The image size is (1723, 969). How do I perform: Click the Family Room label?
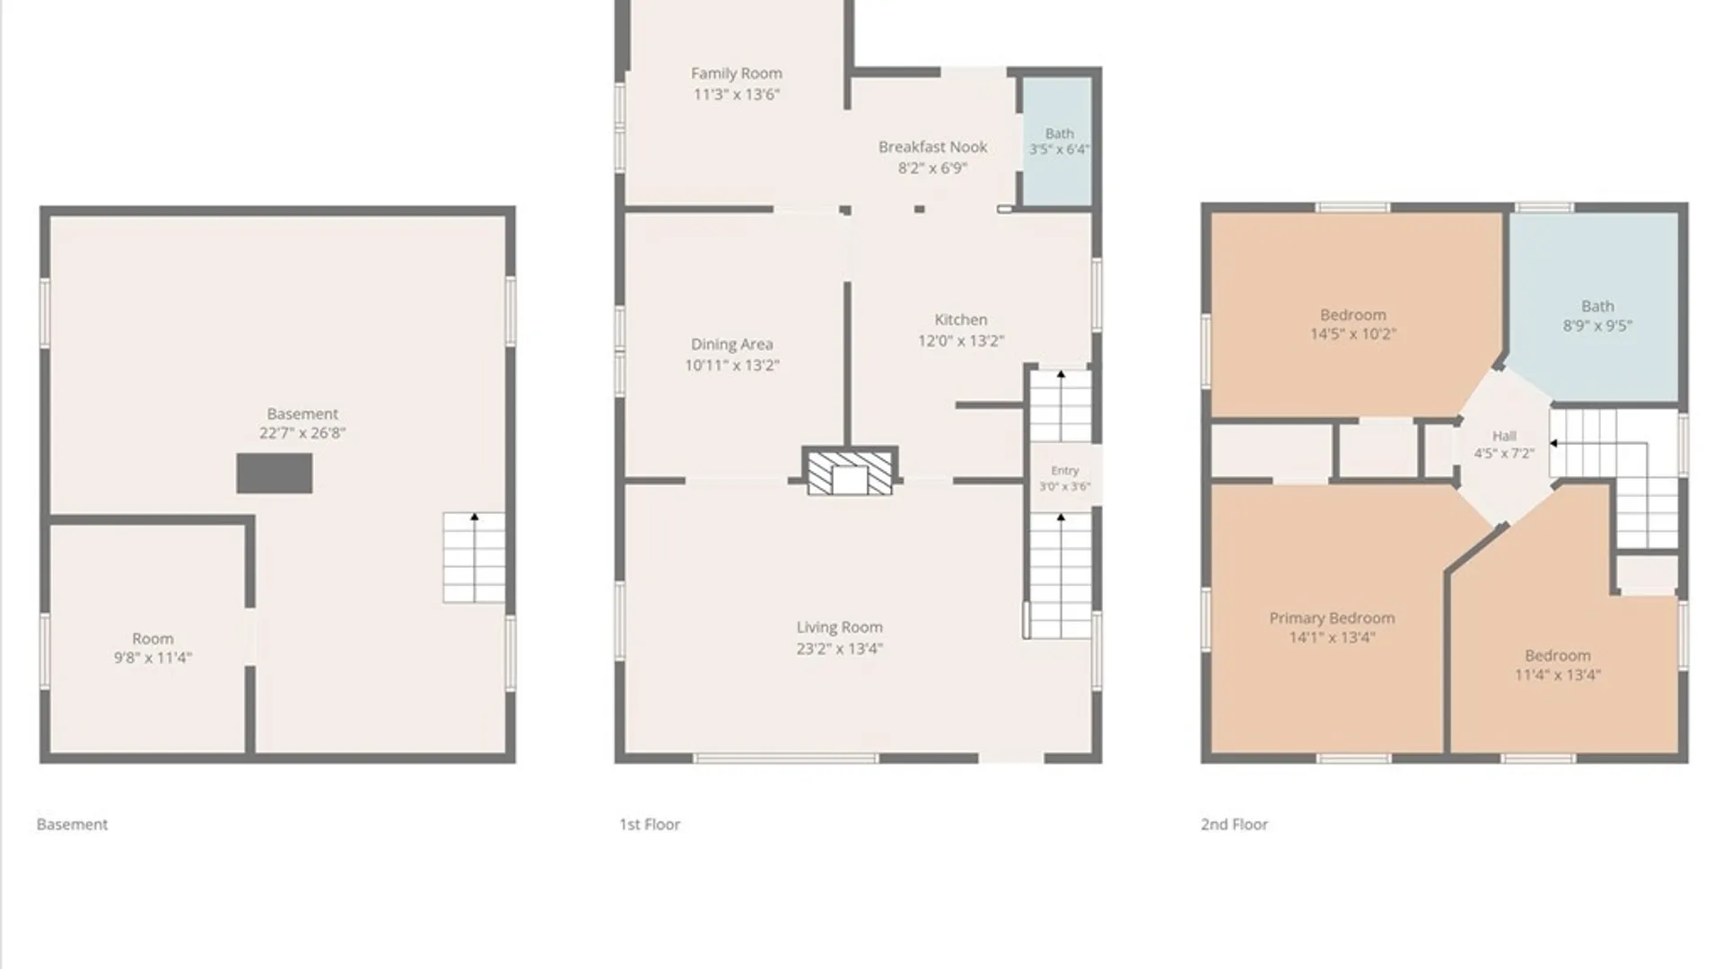coord(736,74)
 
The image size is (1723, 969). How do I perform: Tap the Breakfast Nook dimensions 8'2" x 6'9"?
coord(932,168)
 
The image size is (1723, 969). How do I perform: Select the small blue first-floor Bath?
coord(1058,142)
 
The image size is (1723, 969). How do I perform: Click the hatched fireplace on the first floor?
coord(849,473)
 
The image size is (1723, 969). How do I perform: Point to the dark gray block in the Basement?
coord(275,473)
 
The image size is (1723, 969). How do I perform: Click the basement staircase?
coord(474,557)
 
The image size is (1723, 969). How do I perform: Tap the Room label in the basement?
coord(153,639)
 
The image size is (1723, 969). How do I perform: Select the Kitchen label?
coord(960,319)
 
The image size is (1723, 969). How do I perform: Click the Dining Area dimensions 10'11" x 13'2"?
coord(731,365)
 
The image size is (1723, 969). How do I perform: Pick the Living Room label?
coord(839,627)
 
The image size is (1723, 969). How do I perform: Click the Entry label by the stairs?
coord(1065,470)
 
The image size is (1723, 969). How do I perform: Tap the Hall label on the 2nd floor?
coord(1504,436)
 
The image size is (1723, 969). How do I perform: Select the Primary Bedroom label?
coord(1332,618)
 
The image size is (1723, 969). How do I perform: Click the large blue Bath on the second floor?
coord(1594,307)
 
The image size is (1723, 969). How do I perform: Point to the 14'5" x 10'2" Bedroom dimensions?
coord(1352,334)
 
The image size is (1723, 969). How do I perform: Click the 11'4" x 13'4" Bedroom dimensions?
coord(1557,675)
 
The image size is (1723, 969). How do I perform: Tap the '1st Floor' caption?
coord(650,824)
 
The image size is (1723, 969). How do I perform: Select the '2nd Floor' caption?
coord(1234,824)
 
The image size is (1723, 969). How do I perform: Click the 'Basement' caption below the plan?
coord(72,824)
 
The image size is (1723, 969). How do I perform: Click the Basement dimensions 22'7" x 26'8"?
coord(302,432)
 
